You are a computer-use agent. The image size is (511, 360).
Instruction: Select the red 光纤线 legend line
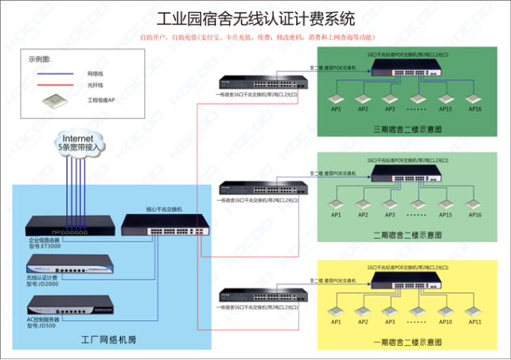point(50,84)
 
